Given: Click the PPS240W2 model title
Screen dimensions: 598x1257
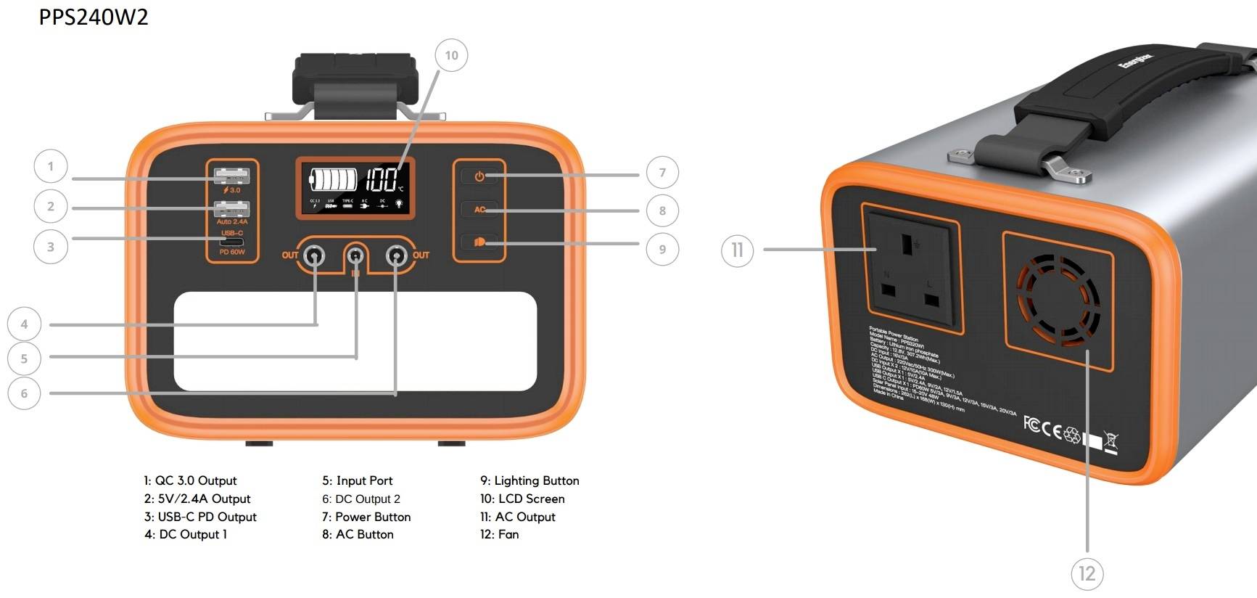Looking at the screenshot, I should pyautogui.click(x=94, y=17).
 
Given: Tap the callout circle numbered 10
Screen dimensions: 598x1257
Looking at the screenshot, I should pyautogui.click(x=451, y=55).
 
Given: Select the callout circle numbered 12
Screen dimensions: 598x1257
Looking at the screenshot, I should pyautogui.click(x=1087, y=574).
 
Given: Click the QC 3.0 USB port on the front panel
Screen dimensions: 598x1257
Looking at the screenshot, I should pyautogui.click(x=231, y=176).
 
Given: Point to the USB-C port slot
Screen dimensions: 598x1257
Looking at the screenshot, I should pyautogui.click(x=232, y=242).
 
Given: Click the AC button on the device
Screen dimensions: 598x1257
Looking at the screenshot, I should pyautogui.click(x=479, y=210).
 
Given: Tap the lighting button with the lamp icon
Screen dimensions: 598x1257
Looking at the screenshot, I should pyautogui.click(x=479, y=242).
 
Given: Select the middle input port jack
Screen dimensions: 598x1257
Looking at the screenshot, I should pyautogui.click(x=355, y=255).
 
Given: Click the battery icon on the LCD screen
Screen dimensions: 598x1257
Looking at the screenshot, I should pyautogui.click(x=333, y=179).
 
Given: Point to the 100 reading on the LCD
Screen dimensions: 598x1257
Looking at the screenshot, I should pyautogui.click(x=382, y=179).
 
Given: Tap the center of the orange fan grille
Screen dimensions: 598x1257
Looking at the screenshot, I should pyautogui.click(x=1058, y=300).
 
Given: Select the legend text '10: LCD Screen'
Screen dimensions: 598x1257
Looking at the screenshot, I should pyautogui.click(x=522, y=499).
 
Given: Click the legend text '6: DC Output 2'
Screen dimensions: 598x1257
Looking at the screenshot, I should pyautogui.click(x=361, y=499).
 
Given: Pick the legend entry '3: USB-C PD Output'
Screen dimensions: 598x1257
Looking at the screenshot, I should pyautogui.click(x=200, y=517).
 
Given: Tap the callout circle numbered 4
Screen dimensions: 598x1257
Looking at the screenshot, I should pyautogui.click(x=24, y=324).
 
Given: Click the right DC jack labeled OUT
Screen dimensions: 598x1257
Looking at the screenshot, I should pyautogui.click(x=396, y=255).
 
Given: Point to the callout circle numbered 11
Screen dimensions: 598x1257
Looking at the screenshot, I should pyautogui.click(x=737, y=250).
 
